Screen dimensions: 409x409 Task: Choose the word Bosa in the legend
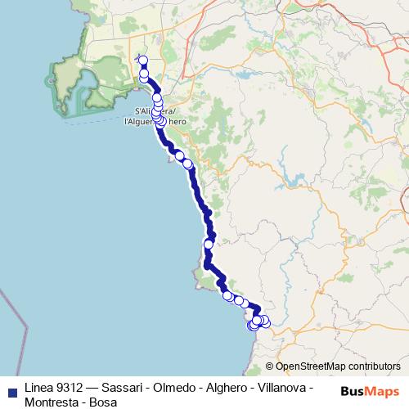(x=103, y=402)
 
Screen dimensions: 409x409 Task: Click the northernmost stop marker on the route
(x=143, y=60)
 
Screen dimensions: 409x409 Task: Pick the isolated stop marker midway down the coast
(x=209, y=244)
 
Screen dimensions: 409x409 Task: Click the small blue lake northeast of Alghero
(x=244, y=79)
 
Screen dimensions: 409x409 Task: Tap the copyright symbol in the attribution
(x=269, y=366)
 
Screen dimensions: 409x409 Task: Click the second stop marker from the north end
(x=145, y=74)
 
